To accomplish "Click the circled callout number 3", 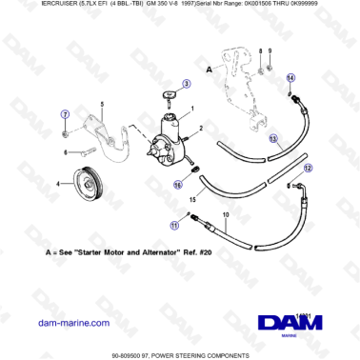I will pyautogui.click(x=187, y=84).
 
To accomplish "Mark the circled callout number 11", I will pyautogui.click(x=173, y=226).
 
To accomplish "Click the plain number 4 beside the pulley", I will pyautogui.click(x=60, y=183).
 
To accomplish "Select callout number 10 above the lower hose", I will pyautogui.click(x=226, y=217).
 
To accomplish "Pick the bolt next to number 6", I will pyautogui.click(x=84, y=150).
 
